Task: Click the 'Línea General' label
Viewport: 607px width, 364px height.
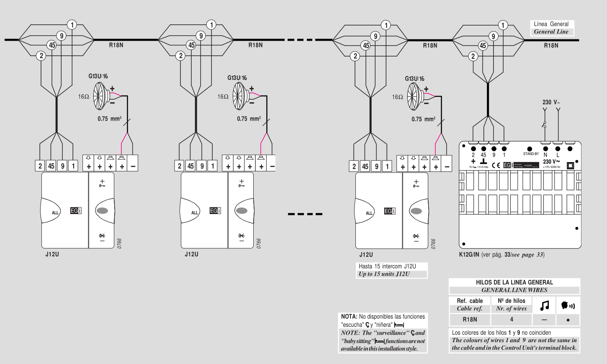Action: click(551, 24)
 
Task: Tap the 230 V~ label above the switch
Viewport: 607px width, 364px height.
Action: click(551, 102)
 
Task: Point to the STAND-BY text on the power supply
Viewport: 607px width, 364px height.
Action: click(531, 154)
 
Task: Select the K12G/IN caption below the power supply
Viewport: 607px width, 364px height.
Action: click(469, 255)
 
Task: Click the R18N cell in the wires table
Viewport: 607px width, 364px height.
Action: click(470, 320)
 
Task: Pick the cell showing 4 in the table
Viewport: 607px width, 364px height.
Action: click(512, 320)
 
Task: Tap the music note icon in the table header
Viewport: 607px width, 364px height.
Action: click(544, 306)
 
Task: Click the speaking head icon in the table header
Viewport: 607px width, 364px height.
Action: click(568, 306)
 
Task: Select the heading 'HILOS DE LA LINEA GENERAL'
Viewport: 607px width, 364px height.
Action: click(514, 282)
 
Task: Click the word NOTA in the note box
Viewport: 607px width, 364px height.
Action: click(349, 317)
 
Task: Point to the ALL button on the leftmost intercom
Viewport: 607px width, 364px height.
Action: click(55, 213)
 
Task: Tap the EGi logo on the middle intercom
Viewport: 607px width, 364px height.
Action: click(215, 211)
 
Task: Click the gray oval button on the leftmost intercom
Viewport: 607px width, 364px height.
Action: click(102, 211)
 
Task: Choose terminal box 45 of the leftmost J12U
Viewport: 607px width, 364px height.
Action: click(51, 166)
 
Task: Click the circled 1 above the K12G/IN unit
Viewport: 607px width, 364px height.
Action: click(503, 25)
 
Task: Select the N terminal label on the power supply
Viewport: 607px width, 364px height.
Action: click(545, 155)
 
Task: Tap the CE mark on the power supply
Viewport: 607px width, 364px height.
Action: click(496, 165)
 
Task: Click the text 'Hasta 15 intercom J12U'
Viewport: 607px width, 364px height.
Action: click(387, 266)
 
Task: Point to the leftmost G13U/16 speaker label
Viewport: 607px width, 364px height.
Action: click(98, 76)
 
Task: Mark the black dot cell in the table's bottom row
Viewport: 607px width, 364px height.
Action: click(568, 320)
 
